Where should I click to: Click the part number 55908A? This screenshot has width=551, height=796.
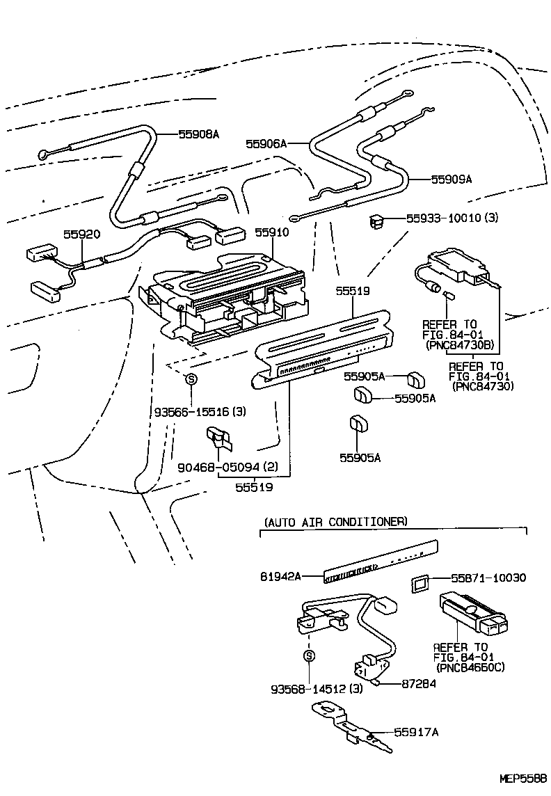(x=198, y=135)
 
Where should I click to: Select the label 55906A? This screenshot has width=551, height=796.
(x=266, y=144)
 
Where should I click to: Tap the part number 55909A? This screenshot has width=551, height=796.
(x=451, y=179)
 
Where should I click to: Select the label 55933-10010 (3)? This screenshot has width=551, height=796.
(x=452, y=218)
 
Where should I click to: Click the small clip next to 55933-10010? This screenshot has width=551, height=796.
(x=377, y=221)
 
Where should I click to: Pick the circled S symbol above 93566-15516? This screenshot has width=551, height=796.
(x=192, y=379)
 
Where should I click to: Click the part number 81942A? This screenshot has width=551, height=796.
(x=281, y=577)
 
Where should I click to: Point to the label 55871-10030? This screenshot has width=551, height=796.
(x=488, y=578)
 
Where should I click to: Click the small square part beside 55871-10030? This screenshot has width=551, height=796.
(x=420, y=584)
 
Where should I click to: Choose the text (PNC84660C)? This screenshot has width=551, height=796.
(x=470, y=667)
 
